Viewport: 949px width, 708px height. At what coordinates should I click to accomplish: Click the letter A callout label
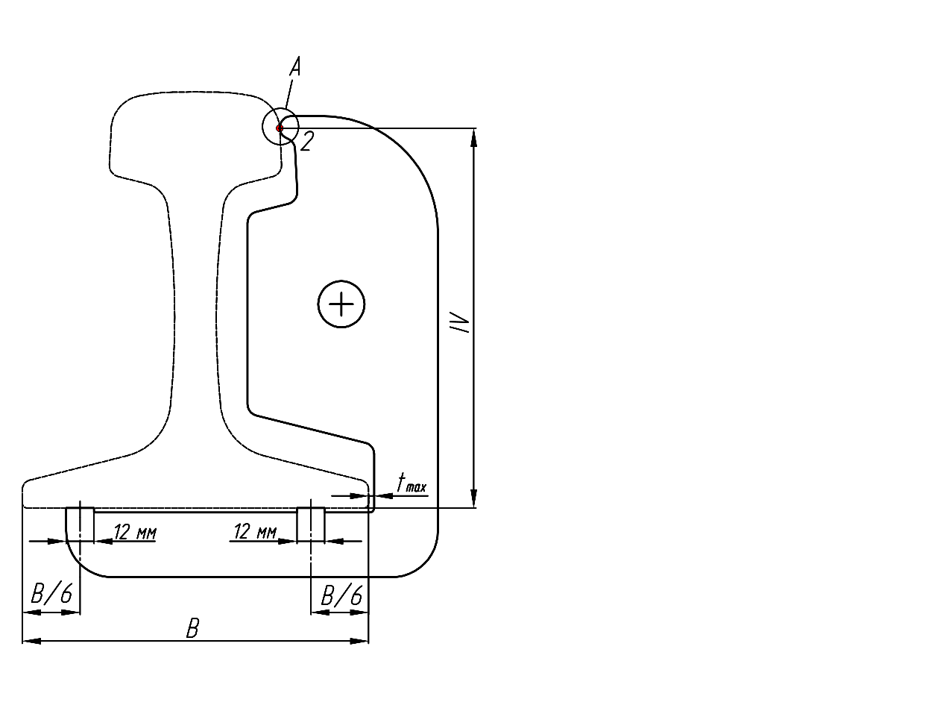click(x=295, y=67)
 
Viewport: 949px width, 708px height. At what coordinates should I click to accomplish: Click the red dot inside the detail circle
click(x=280, y=128)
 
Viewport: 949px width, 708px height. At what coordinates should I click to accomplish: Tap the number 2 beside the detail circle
click(x=307, y=141)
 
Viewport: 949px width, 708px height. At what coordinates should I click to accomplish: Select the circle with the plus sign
click(x=341, y=304)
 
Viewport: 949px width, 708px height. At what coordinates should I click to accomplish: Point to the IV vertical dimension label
click(x=459, y=322)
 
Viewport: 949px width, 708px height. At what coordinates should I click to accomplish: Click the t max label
click(x=412, y=483)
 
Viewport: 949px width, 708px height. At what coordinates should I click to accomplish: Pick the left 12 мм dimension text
click(x=135, y=532)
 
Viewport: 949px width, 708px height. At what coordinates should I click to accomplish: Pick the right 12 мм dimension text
click(x=255, y=531)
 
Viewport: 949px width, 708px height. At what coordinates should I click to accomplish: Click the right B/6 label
click(x=341, y=595)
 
